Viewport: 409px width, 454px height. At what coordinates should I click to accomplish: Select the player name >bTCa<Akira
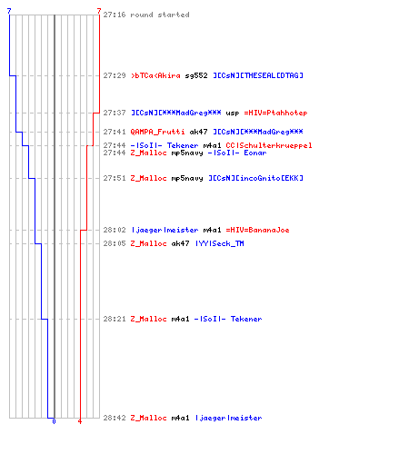pos(155,75)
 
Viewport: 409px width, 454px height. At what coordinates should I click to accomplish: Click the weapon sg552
pos(196,75)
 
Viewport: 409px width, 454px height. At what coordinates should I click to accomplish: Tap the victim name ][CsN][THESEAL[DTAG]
pos(258,75)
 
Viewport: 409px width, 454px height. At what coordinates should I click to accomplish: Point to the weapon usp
pos(233,113)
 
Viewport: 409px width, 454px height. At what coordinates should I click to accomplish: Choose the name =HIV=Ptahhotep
pos(275,113)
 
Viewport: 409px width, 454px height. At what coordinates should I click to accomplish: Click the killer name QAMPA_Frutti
pos(157,132)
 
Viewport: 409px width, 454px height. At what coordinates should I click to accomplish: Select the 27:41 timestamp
pos(115,132)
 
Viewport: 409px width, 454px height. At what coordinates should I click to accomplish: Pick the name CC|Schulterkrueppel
pos(269,145)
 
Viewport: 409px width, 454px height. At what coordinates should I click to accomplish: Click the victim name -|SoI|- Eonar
pos(237,153)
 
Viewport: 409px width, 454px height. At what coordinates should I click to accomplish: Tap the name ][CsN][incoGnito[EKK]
pos(255,178)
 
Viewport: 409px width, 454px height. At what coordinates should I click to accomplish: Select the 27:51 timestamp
pos(115,178)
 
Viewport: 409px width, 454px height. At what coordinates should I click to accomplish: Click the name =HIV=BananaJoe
pos(257,230)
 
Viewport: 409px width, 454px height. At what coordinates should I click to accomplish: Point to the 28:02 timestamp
pos(115,230)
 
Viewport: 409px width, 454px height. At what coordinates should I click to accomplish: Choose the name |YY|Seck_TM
pos(219,243)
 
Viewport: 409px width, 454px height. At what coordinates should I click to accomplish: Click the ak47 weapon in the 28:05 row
pos(180,243)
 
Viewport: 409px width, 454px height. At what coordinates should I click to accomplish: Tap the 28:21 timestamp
pos(115,319)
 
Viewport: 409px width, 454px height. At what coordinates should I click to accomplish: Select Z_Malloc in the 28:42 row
pos(148,418)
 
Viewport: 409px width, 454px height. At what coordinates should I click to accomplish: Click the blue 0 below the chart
pos(54,421)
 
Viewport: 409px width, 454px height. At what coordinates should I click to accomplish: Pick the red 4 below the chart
pos(80,421)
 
